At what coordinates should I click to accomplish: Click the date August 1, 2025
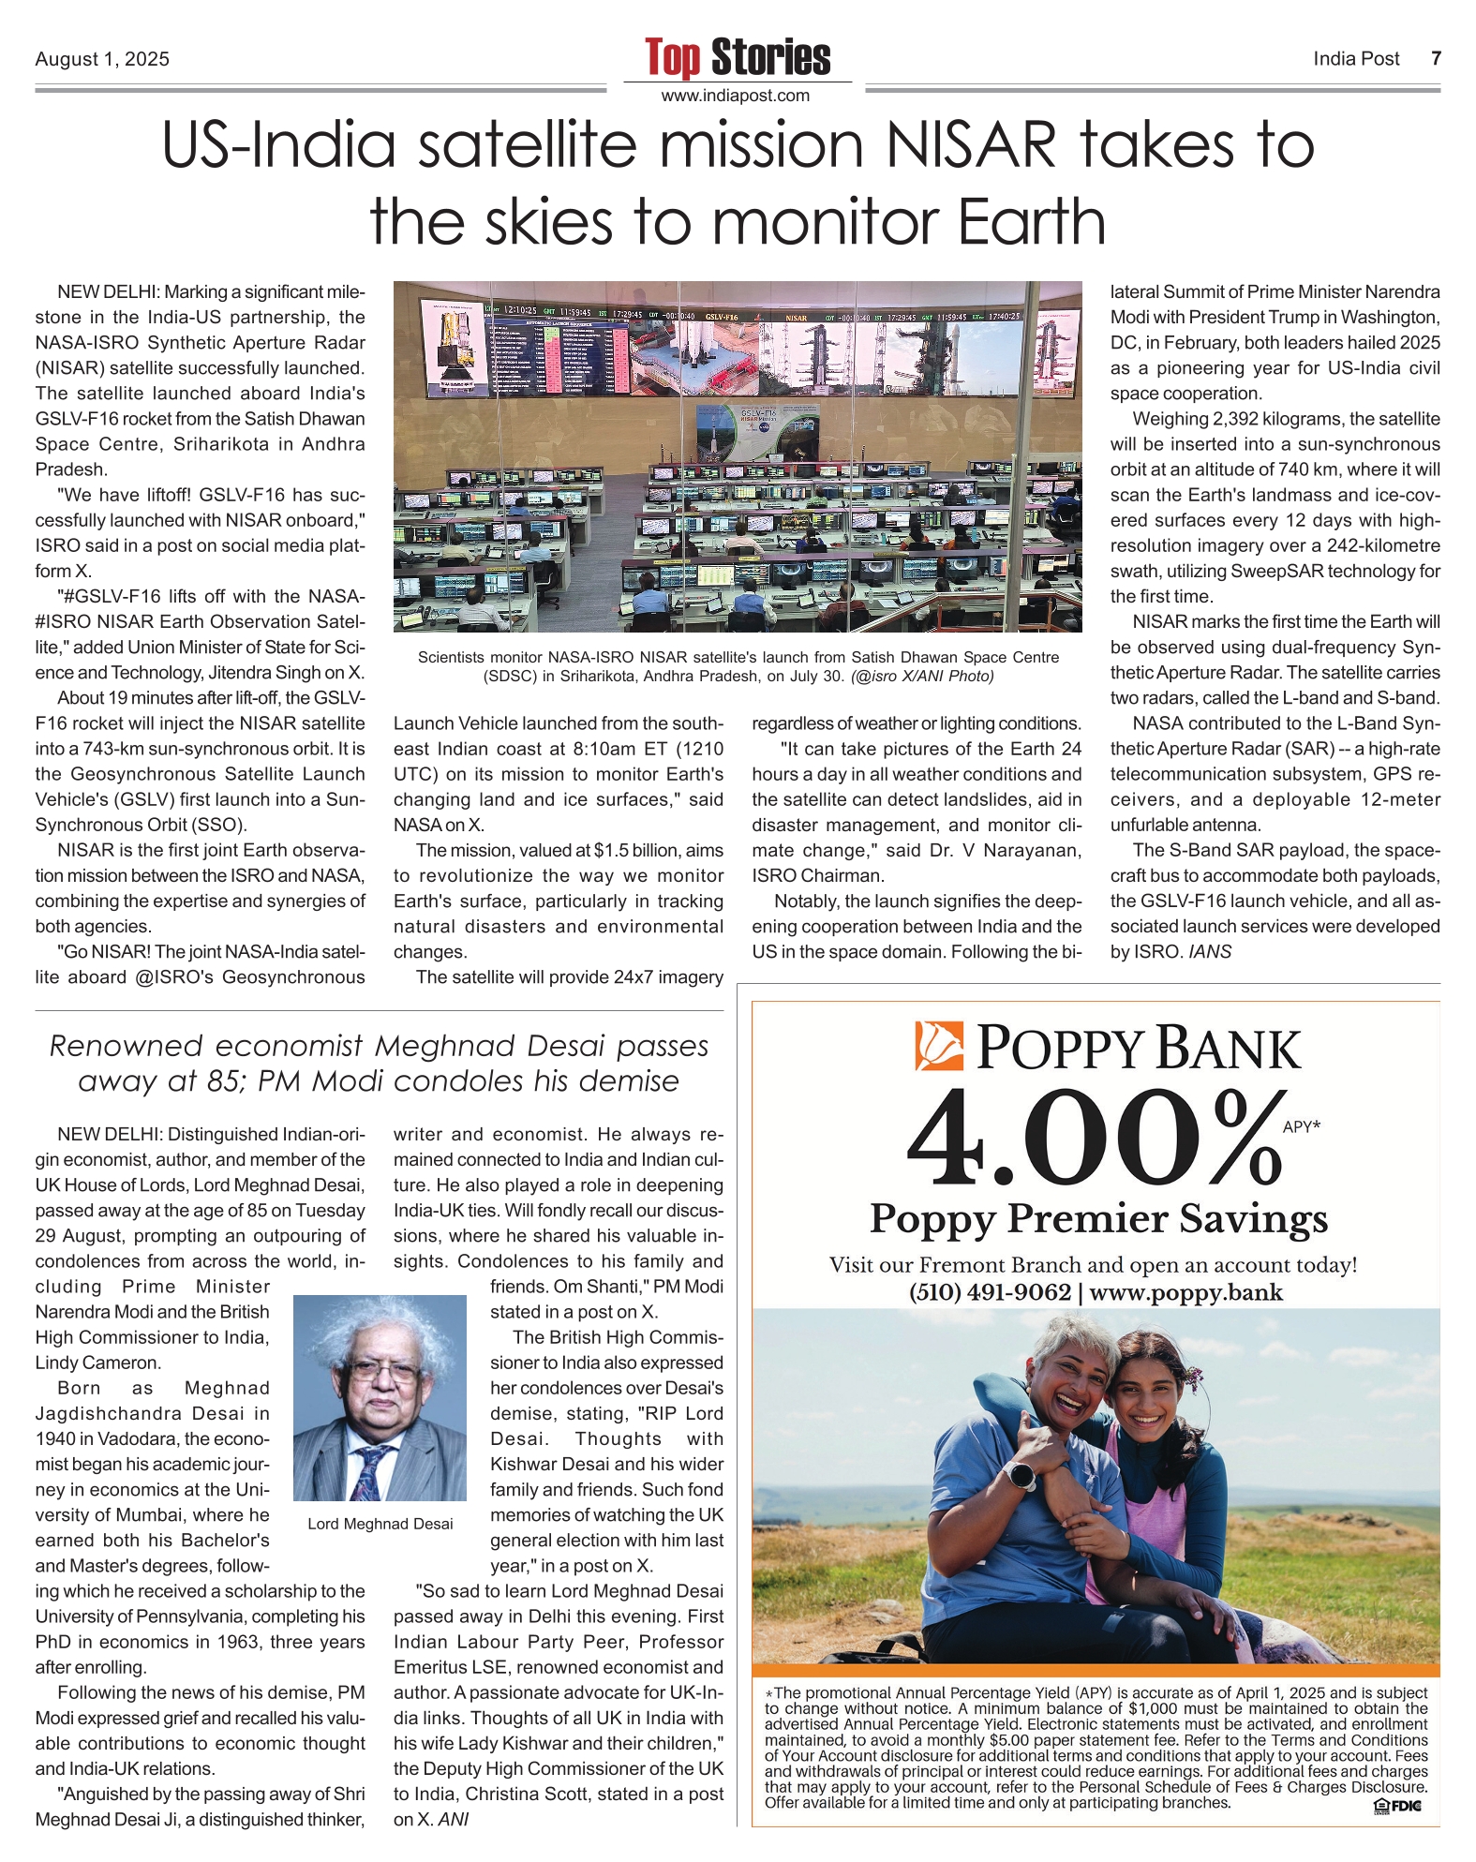pyautogui.click(x=102, y=59)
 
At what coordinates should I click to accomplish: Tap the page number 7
pyautogui.click(x=1436, y=59)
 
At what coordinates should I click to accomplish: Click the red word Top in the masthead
pyautogui.click(x=672, y=58)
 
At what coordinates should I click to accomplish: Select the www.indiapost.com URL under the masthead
pyautogui.click(x=736, y=96)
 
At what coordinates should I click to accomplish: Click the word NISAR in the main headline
pyautogui.click(x=971, y=145)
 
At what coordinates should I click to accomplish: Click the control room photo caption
pyautogui.click(x=738, y=666)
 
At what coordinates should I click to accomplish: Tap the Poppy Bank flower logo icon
pyautogui.click(x=939, y=1046)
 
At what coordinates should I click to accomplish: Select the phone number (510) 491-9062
pyautogui.click(x=990, y=1292)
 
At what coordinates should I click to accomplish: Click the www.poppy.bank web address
pyautogui.click(x=1185, y=1292)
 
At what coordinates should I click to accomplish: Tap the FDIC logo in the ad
pyautogui.click(x=1397, y=1805)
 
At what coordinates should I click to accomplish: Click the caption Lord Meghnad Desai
pyautogui.click(x=380, y=1524)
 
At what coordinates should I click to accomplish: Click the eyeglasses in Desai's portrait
pyautogui.click(x=381, y=1374)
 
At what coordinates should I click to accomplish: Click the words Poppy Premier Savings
pyautogui.click(x=1098, y=1219)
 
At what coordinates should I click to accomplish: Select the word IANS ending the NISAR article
pyautogui.click(x=1210, y=952)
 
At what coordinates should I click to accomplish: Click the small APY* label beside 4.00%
pyautogui.click(x=1301, y=1127)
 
